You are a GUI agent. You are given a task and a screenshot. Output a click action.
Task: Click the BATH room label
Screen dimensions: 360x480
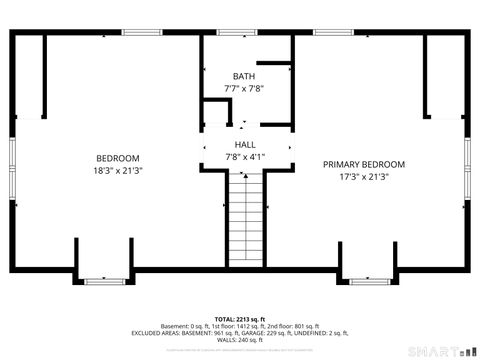pos(244,76)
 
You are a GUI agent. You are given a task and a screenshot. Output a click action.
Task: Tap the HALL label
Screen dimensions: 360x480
pos(244,145)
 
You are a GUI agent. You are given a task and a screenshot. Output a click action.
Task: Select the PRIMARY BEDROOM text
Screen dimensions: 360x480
pos(363,164)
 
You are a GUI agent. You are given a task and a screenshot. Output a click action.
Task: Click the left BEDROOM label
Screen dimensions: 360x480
pos(117,158)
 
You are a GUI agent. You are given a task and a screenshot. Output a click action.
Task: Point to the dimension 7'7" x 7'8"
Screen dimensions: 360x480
pos(244,88)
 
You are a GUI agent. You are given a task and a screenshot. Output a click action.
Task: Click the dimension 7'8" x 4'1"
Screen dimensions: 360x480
pos(244,157)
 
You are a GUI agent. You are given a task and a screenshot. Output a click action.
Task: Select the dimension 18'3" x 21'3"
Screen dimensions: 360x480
pos(117,170)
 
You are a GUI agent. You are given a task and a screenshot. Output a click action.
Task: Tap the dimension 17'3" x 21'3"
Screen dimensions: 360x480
pos(363,176)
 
